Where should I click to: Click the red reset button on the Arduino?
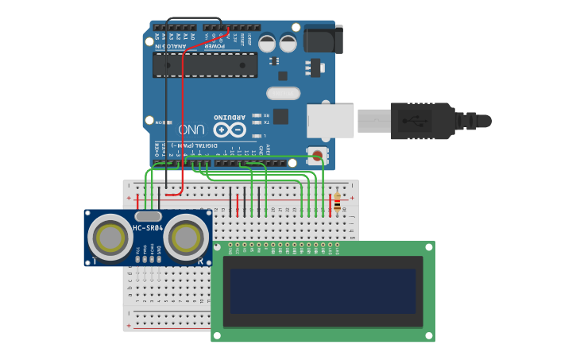(x=318, y=156)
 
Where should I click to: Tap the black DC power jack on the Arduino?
(x=323, y=39)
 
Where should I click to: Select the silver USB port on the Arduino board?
(x=331, y=120)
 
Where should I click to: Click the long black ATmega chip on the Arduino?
(x=205, y=65)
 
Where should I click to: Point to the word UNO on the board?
(x=191, y=129)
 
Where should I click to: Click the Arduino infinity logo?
(x=230, y=129)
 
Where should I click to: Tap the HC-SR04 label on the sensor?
(x=148, y=229)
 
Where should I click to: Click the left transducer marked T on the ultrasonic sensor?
(x=109, y=237)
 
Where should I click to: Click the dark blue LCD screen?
(x=323, y=291)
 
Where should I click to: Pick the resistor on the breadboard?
(x=337, y=203)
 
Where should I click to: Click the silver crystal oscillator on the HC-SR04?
(x=149, y=216)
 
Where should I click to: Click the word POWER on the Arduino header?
(x=215, y=45)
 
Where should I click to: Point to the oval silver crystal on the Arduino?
(x=284, y=94)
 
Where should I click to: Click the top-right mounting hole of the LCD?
(x=428, y=247)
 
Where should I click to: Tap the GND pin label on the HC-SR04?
(x=159, y=250)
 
